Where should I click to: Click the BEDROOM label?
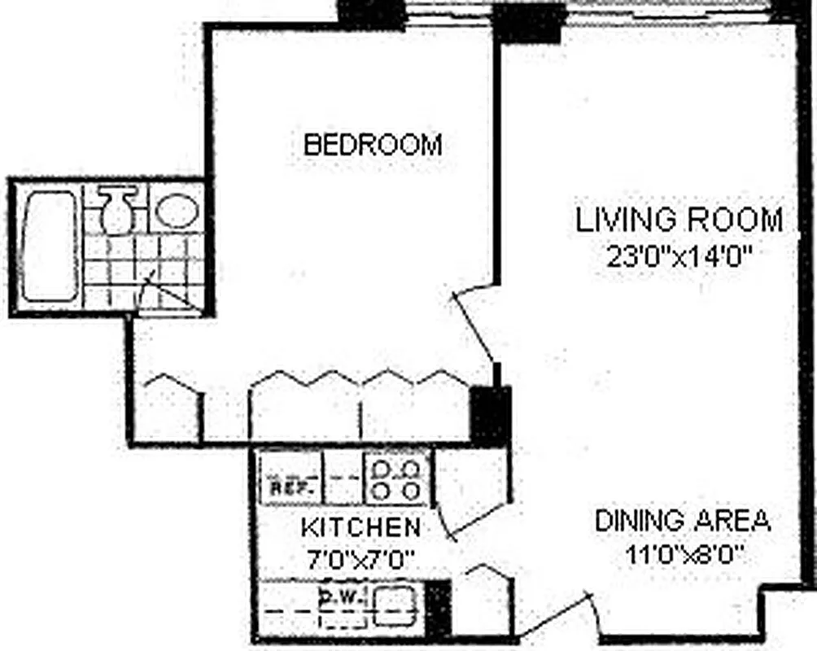coord(373,145)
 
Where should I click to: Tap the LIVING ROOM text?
coord(679,220)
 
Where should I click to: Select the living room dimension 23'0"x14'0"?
coord(678,256)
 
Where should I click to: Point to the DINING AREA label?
coord(682,521)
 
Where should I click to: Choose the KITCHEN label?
coord(360,526)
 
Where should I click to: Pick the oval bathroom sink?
coord(177,210)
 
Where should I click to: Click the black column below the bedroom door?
coord(491,414)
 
